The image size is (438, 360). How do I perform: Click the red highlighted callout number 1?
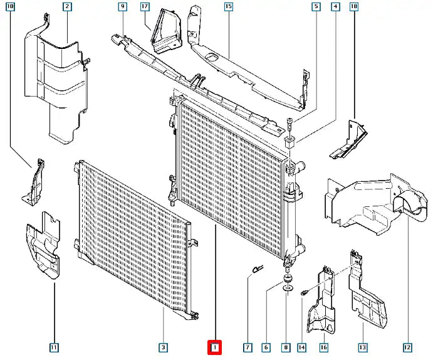tap(214, 347)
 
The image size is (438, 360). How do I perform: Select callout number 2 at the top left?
tap(67, 7)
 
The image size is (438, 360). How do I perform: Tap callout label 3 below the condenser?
tap(163, 347)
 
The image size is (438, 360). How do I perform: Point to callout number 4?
tap(336, 7)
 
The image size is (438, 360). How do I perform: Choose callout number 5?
tap(316, 7)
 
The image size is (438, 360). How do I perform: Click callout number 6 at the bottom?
tap(266, 347)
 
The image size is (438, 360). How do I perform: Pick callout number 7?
tap(248, 347)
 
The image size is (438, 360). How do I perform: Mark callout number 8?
tap(286, 347)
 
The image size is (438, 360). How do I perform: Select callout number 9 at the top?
tap(122, 7)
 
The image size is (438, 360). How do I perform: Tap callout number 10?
tap(11, 7)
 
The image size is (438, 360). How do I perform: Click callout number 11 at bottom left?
tap(54, 347)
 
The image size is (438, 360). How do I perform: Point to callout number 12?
tap(407, 347)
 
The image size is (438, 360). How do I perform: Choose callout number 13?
tap(362, 347)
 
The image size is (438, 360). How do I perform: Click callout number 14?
tap(302, 347)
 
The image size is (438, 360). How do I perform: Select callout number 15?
tap(228, 7)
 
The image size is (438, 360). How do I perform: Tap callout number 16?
tap(323, 347)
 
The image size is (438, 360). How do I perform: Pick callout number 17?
tap(145, 7)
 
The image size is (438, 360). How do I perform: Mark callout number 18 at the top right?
tap(354, 7)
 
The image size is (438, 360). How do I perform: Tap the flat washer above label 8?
tap(286, 289)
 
